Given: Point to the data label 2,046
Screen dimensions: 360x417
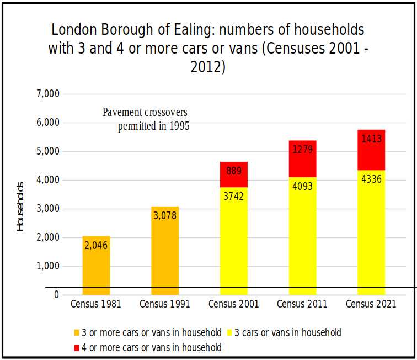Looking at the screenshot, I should coord(96,245).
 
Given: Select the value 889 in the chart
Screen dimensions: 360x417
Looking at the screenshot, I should coord(233,171).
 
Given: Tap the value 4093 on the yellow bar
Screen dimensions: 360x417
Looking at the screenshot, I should coord(302,186).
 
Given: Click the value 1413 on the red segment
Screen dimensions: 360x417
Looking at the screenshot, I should coord(371,139).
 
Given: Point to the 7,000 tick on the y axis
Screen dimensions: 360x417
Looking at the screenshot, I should coord(48,94).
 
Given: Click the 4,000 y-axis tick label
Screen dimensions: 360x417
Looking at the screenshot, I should coord(48,180).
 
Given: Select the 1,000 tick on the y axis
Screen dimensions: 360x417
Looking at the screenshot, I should coord(48,266).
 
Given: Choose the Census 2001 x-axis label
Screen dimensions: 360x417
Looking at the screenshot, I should coord(233,304).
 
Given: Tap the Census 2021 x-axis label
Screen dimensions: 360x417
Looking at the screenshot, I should coord(371,304).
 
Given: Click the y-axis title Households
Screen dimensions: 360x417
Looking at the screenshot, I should coord(20,205).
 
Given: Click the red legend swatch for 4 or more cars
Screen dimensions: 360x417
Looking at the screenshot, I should coord(77,348).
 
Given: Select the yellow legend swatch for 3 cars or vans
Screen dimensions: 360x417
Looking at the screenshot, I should coord(229,333).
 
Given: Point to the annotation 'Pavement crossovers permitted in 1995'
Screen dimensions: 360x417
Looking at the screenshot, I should coord(146,119).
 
